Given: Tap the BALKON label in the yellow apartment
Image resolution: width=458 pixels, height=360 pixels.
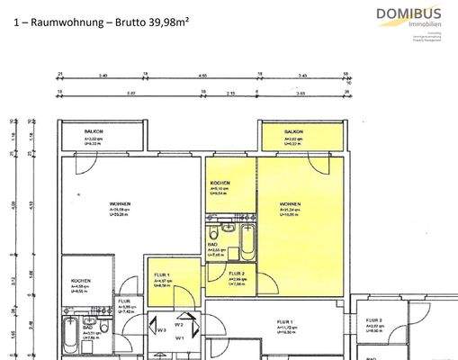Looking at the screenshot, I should point(294,131).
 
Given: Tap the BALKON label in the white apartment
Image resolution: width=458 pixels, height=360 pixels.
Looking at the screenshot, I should point(94,131).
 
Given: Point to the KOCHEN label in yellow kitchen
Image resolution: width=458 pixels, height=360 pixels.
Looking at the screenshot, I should point(220,184).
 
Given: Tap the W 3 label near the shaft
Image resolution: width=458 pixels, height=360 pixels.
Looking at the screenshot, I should point(161,329).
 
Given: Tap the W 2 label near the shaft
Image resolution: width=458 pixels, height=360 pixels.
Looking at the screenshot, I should point(179,324).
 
